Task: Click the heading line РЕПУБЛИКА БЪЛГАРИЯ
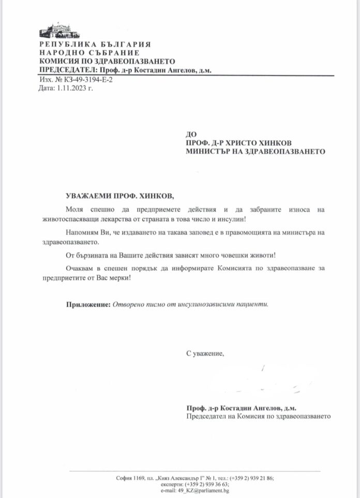[x=95, y=45]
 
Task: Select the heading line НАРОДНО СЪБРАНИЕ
[x=89, y=53]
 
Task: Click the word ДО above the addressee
[x=191, y=134]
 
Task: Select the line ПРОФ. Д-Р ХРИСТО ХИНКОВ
[x=240, y=143]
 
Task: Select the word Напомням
[x=84, y=233]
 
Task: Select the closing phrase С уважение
[x=205, y=353]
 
